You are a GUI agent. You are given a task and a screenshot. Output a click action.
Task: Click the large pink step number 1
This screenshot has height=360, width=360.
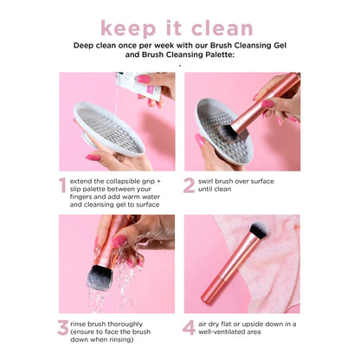tap(62, 185)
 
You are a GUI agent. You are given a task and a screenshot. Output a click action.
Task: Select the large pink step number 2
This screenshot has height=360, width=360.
tap(190, 185)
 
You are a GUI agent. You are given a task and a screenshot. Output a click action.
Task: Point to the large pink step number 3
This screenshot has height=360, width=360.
tap(62, 327)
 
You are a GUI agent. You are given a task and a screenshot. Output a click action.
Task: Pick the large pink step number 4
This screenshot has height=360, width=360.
tap(190, 327)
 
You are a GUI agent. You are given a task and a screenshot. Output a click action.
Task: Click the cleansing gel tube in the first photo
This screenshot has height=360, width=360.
tap(144, 84)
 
